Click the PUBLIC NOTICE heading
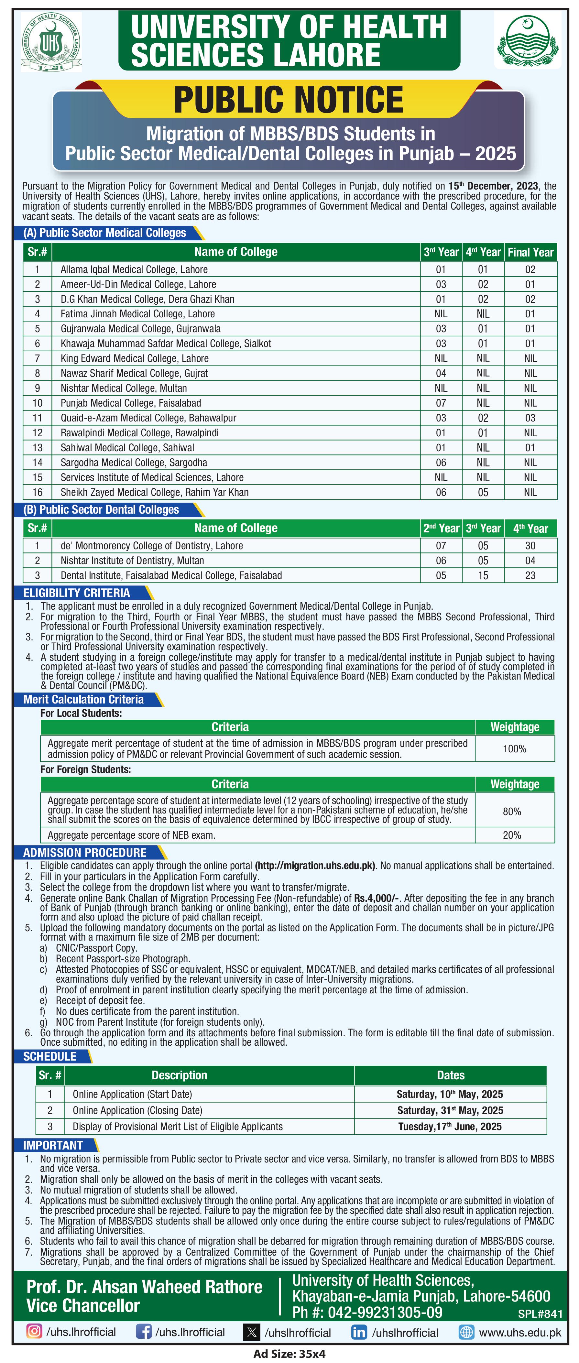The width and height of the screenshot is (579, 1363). [x=289, y=100]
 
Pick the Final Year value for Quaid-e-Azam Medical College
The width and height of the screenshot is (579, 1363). [x=530, y=418]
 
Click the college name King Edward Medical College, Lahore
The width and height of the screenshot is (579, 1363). [x=135, y=358]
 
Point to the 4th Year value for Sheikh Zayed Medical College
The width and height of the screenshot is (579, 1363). [x=483, y=492]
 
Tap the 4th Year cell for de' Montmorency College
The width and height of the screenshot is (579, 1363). [x=530, y=546]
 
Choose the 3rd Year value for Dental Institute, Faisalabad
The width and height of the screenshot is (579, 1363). [x=483, y=575]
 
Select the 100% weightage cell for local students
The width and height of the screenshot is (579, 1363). [x=514, y=749]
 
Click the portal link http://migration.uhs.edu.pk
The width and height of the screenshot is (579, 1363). [x=315, y=866]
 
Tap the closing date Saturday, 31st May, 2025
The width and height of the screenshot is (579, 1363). [x=450, y=1110]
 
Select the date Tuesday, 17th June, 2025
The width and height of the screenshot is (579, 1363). [x=450, y=1127]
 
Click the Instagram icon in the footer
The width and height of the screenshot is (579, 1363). [x=34, y=1331]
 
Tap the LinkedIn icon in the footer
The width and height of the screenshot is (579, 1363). [x=359, y=1332]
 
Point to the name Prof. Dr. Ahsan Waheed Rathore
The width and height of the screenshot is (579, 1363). [x=145, y=1286]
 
